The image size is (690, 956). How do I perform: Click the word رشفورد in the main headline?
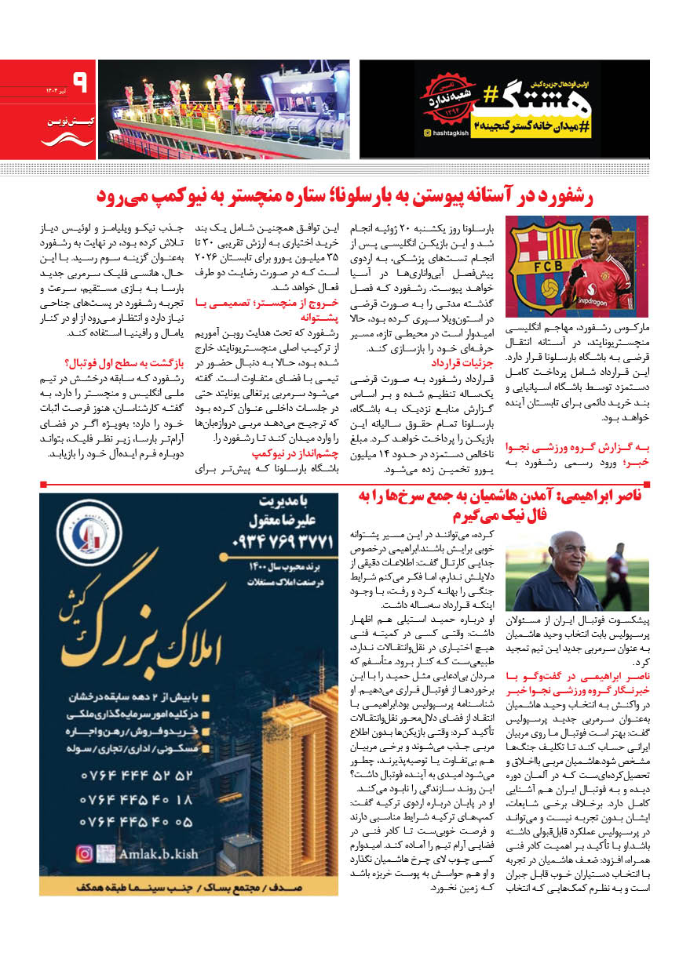tap(615, 195)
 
